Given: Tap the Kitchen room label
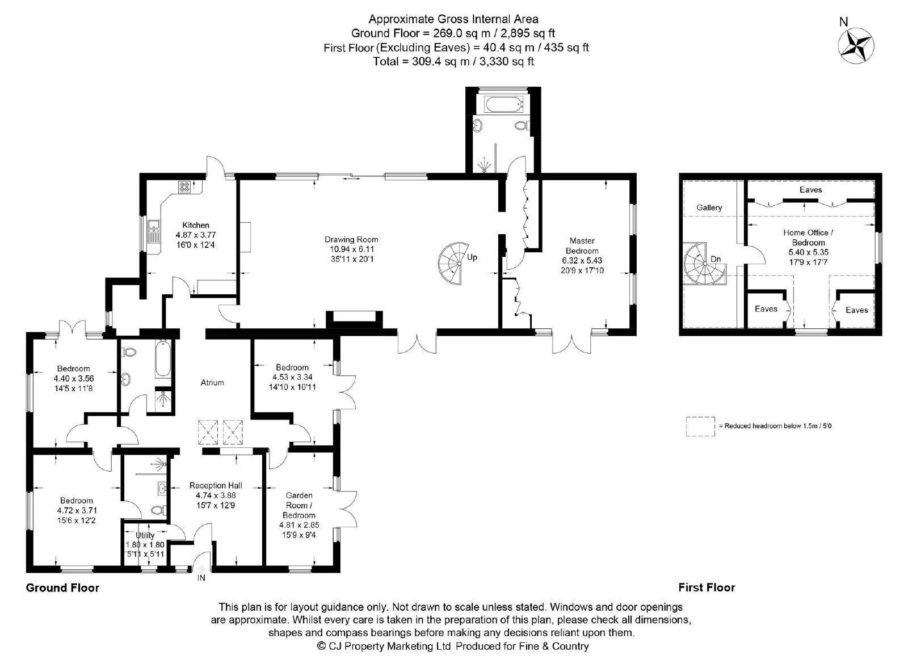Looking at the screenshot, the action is pyautogui.click(x=196, y=225).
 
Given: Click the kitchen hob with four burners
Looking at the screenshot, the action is pyautogui.click(x=184, y=187).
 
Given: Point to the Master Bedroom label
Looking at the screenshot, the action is pyautogui.click(x=582, y=246).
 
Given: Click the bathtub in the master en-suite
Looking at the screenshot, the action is pyautogui.click(x=503, y=104).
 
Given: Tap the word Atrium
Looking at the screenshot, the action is pyautogui.click(x=212, y=383).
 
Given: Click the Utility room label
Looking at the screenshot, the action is pyautogui.click(x=145, y=535).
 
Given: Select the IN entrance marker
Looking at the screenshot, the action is pyautogui.click(x=201, y=578).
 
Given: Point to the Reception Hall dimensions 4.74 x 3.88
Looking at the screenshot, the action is pyautogui.click(x=216, y=495).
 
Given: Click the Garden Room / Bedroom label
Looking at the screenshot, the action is pyautogui.click(x=299, y=505).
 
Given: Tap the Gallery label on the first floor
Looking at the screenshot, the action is pyautogui.click(x=709, y=208).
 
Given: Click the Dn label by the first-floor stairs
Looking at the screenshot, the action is pyautogui.click(x=716, y=259).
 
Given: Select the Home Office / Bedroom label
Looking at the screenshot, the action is pyautogui.click(x=808, y=238).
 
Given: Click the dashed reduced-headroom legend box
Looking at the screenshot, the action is pyautogui.click(x=700, y=426).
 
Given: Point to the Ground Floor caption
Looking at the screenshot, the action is pyautogui.click(x=62, y=588).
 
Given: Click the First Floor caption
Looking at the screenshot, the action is pyautogui.click(x=707, y=588).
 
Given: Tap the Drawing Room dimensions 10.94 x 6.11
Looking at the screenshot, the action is pyautogui.click(x=351, y=249).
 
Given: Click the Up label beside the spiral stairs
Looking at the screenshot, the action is pyautogui.click(x=472, y=257).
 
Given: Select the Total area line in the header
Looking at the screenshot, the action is pyautogui.click(x=453, y=62).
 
